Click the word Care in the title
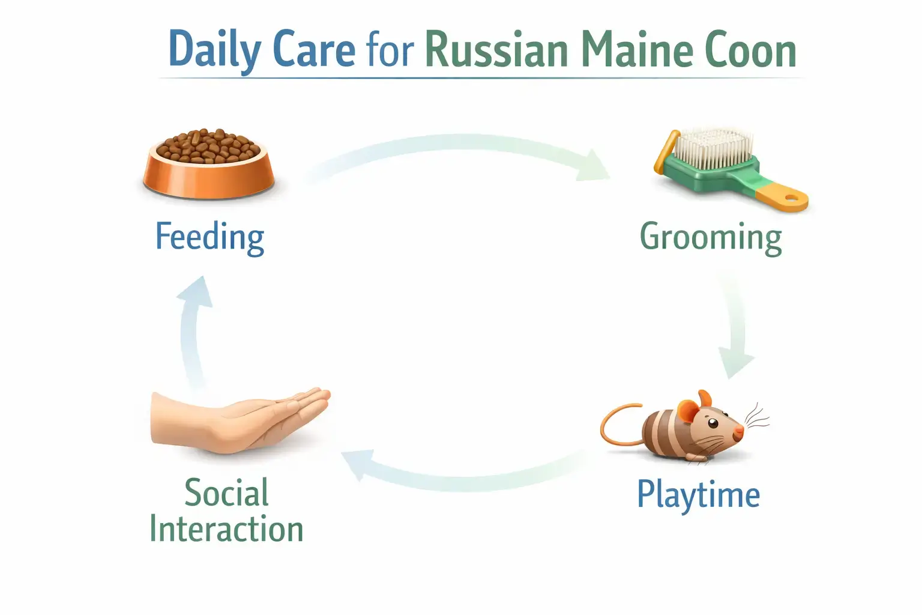point(313,49)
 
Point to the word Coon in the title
point(750,49)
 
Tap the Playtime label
point(698,495)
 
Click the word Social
point(226,493)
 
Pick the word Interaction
point(226,529)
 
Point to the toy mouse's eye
point(713,423)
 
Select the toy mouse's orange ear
point(688,411)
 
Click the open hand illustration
point(240,420)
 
